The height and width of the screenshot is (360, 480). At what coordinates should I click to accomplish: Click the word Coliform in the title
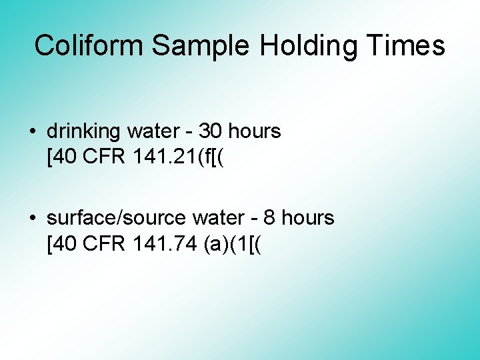89,46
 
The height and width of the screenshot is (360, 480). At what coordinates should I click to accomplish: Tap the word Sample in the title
200,46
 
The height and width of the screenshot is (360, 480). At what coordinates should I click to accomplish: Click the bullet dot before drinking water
33,132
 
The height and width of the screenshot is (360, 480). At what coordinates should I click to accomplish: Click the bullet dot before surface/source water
33,219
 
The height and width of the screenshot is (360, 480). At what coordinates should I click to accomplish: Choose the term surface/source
117,219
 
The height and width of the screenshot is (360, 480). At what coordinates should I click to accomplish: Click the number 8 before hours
270,219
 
